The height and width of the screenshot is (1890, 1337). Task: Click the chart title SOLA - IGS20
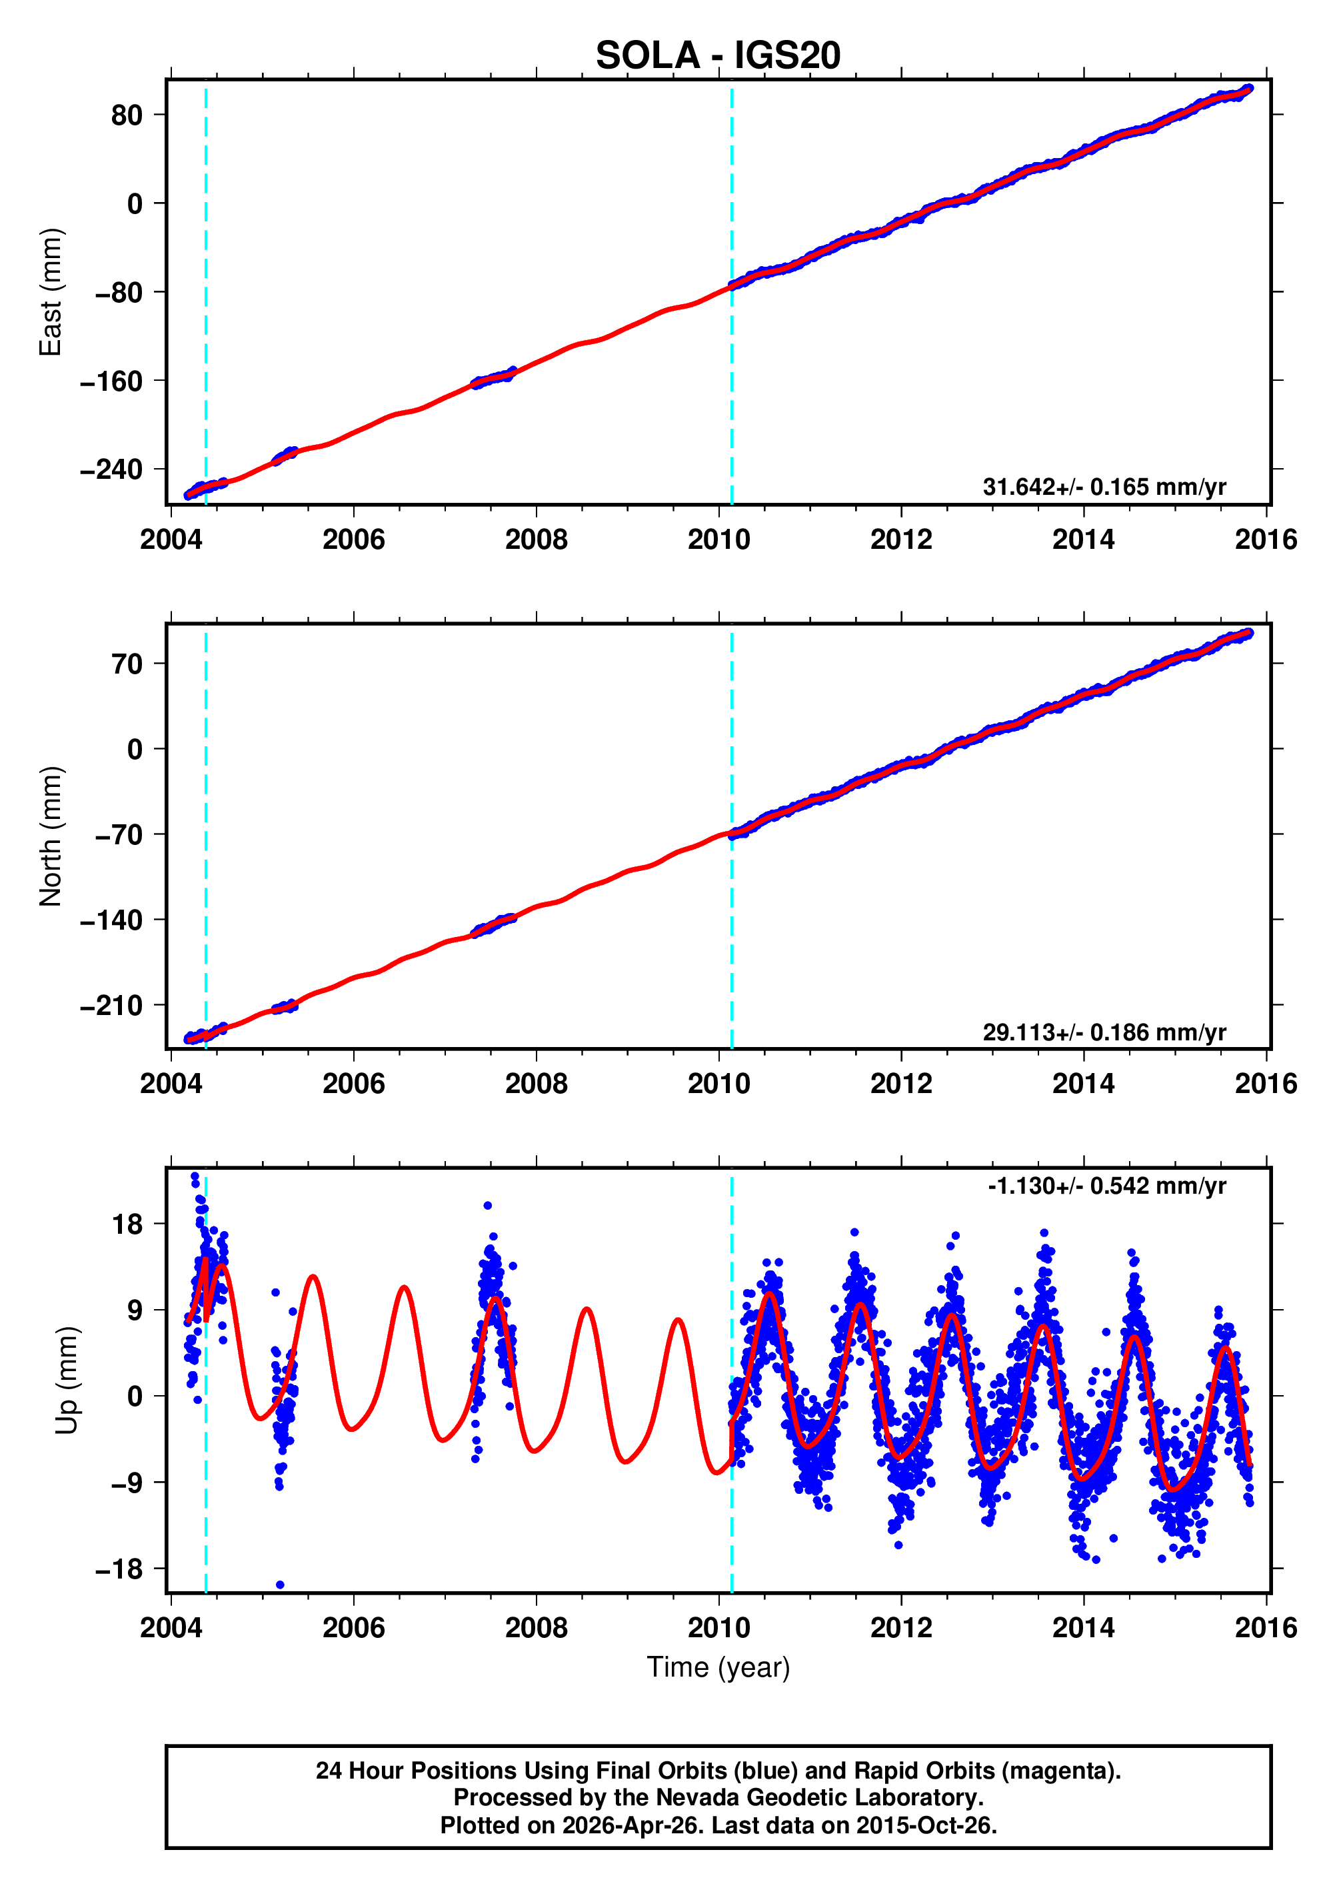pyautogui.click(x=717, y=56)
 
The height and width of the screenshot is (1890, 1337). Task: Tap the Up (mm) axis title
pyautogui.click(x=67, y=1380)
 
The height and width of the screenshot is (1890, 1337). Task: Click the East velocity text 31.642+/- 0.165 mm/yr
pyautogui.click(x=1103, y=487)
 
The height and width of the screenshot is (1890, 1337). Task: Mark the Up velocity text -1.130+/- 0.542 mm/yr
pyautogui.click(x=1106, y=1186)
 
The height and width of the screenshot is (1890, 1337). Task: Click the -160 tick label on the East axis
pyautogui.click(x=111, y=381)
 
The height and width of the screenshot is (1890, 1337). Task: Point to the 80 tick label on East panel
pyautogui.click(x=127, y=115)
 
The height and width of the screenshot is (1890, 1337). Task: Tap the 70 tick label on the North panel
pyautogui.click(x=127, y=664)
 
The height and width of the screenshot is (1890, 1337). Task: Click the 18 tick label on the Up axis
pyautogui.click(x=127, y=1224)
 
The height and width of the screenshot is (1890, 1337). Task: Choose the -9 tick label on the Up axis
pyautogui.click(x=119, y=1483)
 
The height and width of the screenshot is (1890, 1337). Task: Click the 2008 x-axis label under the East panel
pyautogui.click(x=536, y=540)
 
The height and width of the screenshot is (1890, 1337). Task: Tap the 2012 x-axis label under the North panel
pyautogui.click(x=900, y=1084)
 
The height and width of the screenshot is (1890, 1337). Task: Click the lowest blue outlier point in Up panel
pyautogui.click(x=280, y=1585)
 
